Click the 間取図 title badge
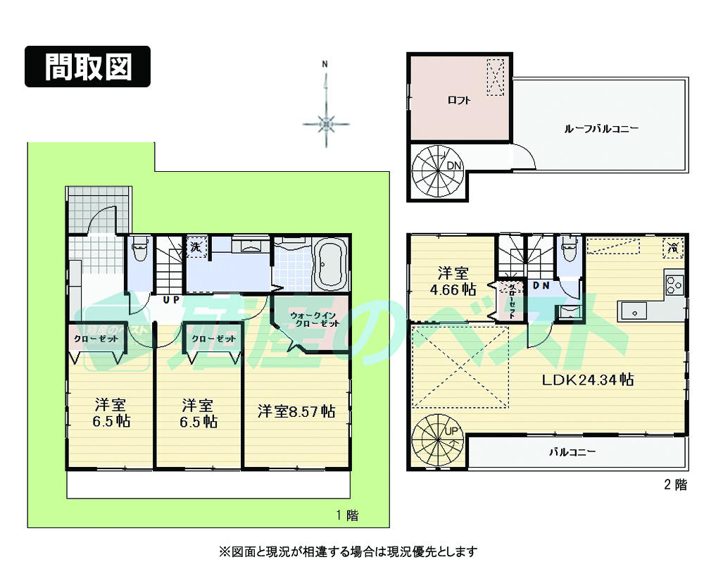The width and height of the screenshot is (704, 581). point(88,66)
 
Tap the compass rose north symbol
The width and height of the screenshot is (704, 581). point(325,124)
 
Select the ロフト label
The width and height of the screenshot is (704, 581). point(459,100)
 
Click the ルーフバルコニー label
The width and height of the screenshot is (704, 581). point(601,129)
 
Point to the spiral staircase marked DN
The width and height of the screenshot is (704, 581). point(436,169)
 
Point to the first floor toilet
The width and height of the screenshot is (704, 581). point(139,251)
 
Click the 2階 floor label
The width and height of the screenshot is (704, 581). point(674,485)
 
